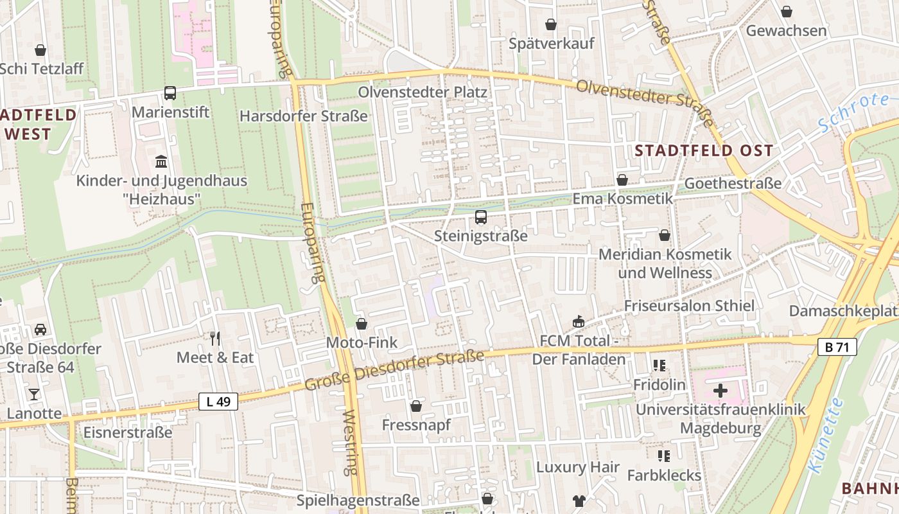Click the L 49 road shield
[218, 402]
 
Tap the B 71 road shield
[838, 348]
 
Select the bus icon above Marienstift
[170, 93]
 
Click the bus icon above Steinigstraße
[481, 217]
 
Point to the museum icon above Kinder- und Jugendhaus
[161, 161]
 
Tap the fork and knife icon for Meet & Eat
[215, 338]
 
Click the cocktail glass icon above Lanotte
[34, 394]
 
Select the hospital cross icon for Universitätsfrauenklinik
[720, 390]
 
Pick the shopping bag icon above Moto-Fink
[362, 324]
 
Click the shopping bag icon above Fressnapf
[416, 406]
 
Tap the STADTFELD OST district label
[704, 151]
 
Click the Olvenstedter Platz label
[423, 92]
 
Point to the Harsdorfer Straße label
[304, 116]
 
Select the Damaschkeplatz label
[843, 311]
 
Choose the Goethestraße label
[733, 183]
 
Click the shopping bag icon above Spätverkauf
[551, 25]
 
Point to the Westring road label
[351, 443]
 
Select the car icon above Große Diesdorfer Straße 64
[40, 330]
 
